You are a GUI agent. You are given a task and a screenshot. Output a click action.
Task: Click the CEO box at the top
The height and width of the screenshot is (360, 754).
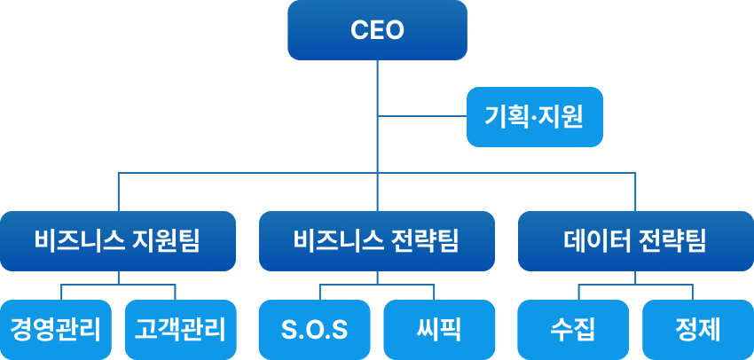[x=377, y=30]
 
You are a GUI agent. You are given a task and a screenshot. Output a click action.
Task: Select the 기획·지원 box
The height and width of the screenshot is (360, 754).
[x=535, y=116]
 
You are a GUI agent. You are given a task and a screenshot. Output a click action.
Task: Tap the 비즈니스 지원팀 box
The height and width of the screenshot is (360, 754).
[x=118, y=240]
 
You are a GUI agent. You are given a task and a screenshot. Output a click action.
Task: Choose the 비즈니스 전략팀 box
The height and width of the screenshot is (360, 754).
[x=377, y=240]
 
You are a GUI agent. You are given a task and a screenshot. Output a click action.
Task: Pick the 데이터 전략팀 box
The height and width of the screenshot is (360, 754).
[x=635, y=240]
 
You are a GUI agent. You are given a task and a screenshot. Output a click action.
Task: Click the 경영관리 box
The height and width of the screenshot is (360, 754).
[x=55, y=330]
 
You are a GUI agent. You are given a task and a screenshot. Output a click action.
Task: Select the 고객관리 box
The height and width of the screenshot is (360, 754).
[x=181, y=330]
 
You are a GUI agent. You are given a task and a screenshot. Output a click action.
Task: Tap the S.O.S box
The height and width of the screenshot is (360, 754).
[x=314, y=330]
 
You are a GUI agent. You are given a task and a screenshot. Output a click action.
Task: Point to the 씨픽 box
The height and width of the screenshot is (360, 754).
[x=440, y=330]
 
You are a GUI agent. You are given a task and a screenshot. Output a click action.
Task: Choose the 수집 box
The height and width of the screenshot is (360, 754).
[x=573, y=330]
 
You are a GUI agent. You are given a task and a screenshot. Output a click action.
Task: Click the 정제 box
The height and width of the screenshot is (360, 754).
[x=698, y=330]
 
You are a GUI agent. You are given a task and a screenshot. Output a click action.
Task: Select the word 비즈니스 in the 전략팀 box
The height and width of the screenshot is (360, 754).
[x=338, y=240]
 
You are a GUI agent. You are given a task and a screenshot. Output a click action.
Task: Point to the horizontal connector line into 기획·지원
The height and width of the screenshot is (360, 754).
[x=422, y=116]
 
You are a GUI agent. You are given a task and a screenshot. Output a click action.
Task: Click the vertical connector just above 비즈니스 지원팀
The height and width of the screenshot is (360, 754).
[x=118, y=192]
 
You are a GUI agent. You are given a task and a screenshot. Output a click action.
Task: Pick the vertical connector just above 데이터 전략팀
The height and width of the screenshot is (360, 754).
[x=635, y=192]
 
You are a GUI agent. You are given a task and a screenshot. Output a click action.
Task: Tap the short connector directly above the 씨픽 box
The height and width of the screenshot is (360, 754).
[x=435, y=293]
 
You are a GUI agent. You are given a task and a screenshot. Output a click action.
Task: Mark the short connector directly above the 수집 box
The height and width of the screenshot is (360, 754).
[x=578, y=293]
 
